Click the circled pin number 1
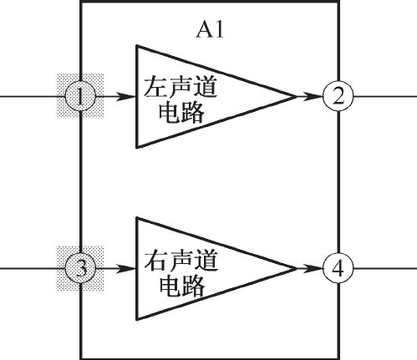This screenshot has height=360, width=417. pyautogui.click(x=80, y=97)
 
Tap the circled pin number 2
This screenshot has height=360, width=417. pyautogui.click(x=338, y=97)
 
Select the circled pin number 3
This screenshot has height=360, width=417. pyautogui.click(x=80, y=269)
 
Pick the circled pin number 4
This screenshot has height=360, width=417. pyautogui.click(x=338, y=269)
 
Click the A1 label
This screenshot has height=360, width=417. pyautogui.click(x=210, y=30)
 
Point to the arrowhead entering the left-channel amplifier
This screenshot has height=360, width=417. pyautogui.click(x=125, y=97)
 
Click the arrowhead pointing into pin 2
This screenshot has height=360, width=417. pyautogui.click(x=313, y=97)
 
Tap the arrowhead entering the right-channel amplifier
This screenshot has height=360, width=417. pyautogui.click(x=125, y=269)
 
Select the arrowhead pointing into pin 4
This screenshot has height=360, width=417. pyautogui.click(x=313, y=269)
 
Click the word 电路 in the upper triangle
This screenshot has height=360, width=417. pyautogui.click(x=181, y=112)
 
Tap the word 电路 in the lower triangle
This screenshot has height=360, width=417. pyautogui.click(x=181, y=285)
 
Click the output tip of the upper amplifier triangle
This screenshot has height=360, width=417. pyautogui.click(x=296, y=97)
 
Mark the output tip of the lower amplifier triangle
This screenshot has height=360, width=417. pyautogui.click(x=296, y=269)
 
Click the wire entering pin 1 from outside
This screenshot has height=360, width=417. pyautogui.click(x=33, y=97)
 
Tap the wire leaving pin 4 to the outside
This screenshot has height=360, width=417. pyautogui.click(x=385, y=269)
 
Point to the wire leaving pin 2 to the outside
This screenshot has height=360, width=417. pyautogui.click(x=385, y=97)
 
